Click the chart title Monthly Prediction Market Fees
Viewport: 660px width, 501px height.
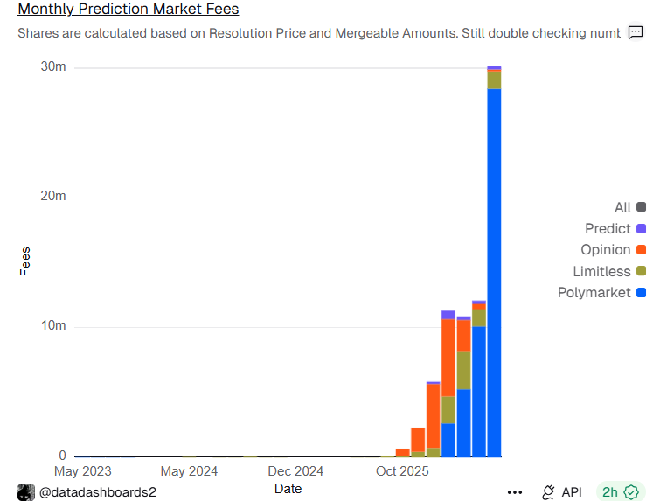coord(129,10)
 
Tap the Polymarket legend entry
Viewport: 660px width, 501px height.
coord(594,292)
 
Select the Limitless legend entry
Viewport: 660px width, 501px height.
coord(601,271)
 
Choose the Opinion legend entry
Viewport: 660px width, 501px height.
coord(606,250)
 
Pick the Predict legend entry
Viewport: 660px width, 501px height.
coord(608,229)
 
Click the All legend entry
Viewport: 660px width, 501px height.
coord(622,208)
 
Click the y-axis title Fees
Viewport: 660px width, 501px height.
coord(25,261)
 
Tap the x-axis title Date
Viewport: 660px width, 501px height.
coord(288,489)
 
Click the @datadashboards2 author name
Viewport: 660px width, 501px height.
coord(98,492)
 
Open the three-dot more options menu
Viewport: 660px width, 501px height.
coord(515,492)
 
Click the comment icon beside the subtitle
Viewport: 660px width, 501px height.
coord(636,33)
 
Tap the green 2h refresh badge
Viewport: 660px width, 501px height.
coord(620,492)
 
